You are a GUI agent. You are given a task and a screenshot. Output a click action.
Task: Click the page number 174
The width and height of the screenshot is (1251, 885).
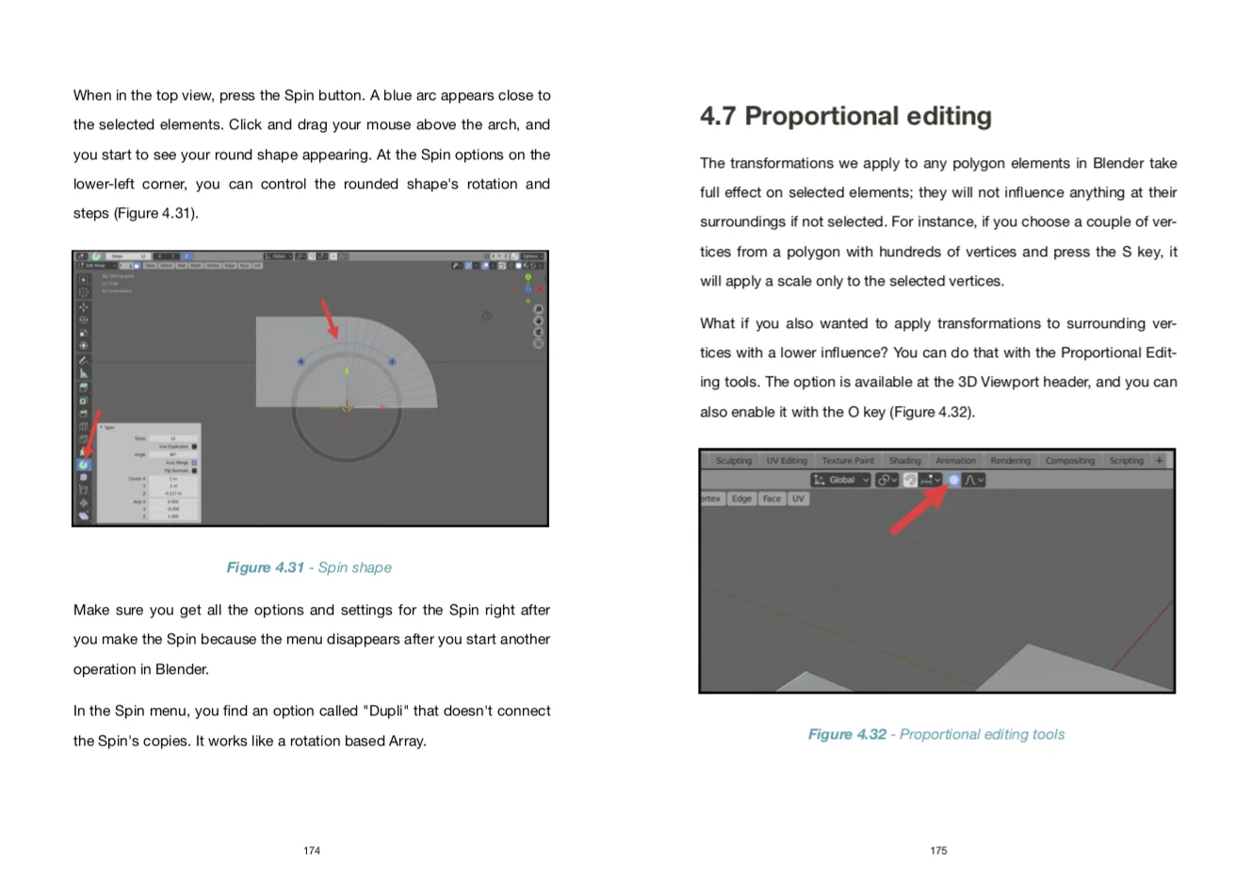[312, 850]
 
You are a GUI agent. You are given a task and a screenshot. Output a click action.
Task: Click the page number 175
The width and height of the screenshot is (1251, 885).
[938, 850]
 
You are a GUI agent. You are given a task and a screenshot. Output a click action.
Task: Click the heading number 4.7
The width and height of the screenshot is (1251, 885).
[718, 116]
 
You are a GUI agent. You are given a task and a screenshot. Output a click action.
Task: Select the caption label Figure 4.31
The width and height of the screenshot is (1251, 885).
[265, 567]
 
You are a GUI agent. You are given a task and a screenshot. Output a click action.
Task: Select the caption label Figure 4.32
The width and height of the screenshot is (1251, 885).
[847, 734]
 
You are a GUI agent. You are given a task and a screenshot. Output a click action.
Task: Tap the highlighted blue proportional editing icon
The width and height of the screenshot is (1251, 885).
[953, 480]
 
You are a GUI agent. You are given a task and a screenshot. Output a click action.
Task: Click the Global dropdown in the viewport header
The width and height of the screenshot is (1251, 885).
[840, 480]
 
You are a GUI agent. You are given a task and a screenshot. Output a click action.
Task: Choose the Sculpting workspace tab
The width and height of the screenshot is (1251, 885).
[733, 461]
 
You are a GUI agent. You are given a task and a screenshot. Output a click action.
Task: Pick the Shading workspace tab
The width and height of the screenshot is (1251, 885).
[904, 461]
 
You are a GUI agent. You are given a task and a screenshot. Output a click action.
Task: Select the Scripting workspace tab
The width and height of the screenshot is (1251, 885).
[1126, 461]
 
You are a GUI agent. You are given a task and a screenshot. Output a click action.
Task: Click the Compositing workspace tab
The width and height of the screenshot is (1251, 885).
[1069, 461]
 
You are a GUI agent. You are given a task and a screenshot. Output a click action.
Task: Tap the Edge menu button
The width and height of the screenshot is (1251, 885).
[741, 499]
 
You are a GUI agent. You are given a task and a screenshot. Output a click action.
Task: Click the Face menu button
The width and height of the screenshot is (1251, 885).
[772, 499]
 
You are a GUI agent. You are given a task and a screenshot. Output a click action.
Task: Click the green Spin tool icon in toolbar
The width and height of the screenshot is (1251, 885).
[84, 464]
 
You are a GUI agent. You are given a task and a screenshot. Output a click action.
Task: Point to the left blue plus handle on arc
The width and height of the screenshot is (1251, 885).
[301, 361]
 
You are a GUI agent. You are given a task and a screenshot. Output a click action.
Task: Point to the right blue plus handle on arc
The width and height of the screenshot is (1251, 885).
[392, 361]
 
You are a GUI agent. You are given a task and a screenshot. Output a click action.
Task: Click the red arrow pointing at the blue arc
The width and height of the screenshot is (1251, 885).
[329, 319]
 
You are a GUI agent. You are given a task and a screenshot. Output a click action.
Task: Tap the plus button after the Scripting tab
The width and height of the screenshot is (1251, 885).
[1160, 461]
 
